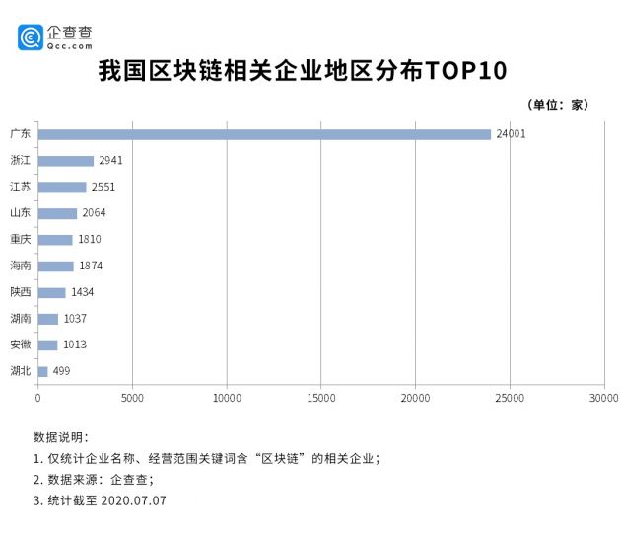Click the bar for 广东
tap(264, 134)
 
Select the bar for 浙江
tap(65, 161)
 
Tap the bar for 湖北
tap(42, 371)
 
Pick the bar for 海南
tap(55, 266)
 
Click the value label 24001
tap(511, 134)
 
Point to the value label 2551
tap(104, 187)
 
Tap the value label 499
tap(60, 371)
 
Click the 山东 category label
tap(20, 213)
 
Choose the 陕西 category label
tap(20, 292)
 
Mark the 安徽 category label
tap(20, 345)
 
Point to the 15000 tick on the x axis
tap(320, 398)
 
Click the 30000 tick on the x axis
tap(603, 398)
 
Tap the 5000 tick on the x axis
tap(132, 398)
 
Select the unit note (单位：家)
tap(559, 105)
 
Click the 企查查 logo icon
tap(30, 38)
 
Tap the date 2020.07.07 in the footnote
tap(133, 500)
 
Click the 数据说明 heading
tap(61, 436)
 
